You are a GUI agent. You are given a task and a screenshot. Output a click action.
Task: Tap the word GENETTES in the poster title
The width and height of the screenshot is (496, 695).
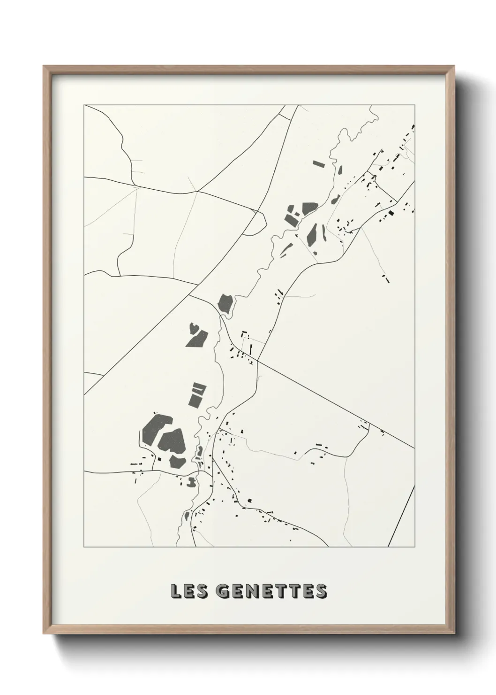[x=267, y=591]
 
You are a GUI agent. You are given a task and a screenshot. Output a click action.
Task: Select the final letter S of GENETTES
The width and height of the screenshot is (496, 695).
[x=321, y=591]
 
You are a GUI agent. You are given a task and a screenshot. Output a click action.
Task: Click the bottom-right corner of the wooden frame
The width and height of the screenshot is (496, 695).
[x=454, y=633]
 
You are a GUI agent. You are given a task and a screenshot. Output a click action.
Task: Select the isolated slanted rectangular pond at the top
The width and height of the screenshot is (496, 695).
[x=319, y=164]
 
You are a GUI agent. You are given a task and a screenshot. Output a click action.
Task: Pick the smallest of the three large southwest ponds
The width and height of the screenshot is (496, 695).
[x=178, y=462]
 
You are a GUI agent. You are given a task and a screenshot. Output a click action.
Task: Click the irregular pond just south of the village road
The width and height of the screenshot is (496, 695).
[x=191, y=481]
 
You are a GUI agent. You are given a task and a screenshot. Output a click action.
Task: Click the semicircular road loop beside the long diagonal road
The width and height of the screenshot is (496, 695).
[x=256, y=224]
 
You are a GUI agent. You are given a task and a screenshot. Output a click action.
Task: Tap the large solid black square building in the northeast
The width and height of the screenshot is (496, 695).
[x=391, y=213]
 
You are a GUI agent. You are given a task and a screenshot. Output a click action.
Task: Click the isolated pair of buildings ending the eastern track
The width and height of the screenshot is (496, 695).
[x=386, y=278]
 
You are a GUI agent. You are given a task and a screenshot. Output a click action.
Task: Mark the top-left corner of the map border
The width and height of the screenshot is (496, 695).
[x=84, y=105]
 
